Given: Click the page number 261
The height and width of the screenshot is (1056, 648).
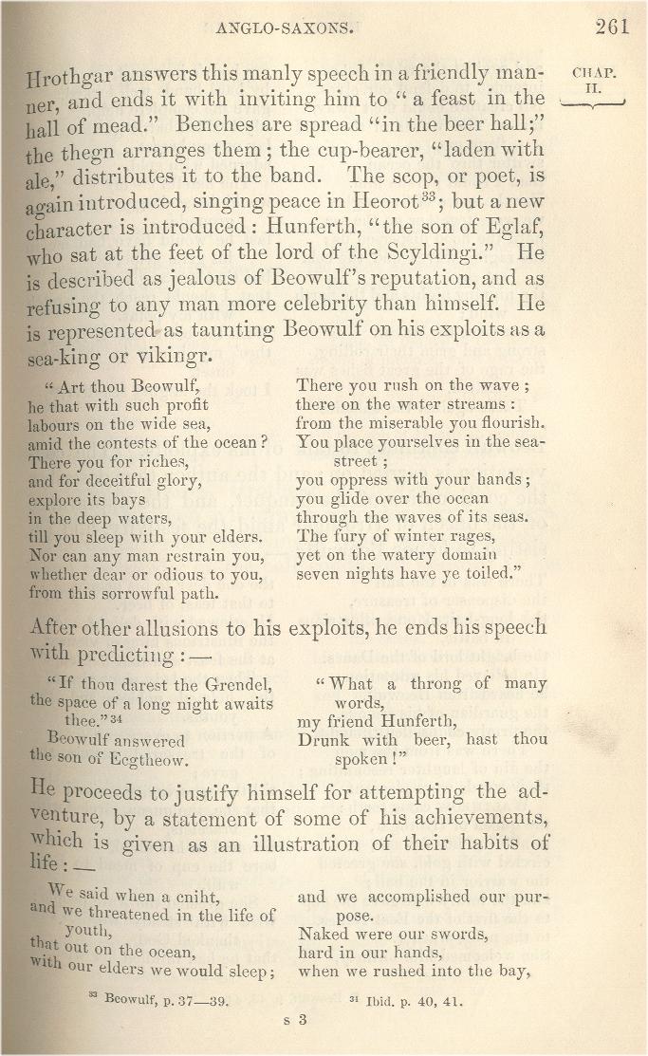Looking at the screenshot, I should (612, 27).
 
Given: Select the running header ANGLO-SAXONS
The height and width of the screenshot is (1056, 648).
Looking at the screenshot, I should (285, 28).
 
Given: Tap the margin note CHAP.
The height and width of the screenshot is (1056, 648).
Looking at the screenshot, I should (595, 72).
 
